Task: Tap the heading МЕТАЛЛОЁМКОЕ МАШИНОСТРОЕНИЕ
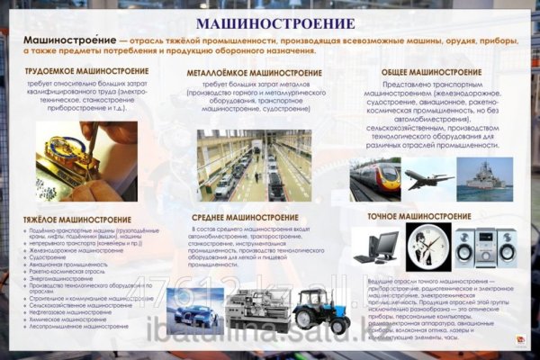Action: tap(249, 71)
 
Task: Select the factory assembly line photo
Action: tap(254, 166)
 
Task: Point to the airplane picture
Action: tap(428, 177)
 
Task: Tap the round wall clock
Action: tap(427, 246)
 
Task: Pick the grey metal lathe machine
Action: tap(255, 313)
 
